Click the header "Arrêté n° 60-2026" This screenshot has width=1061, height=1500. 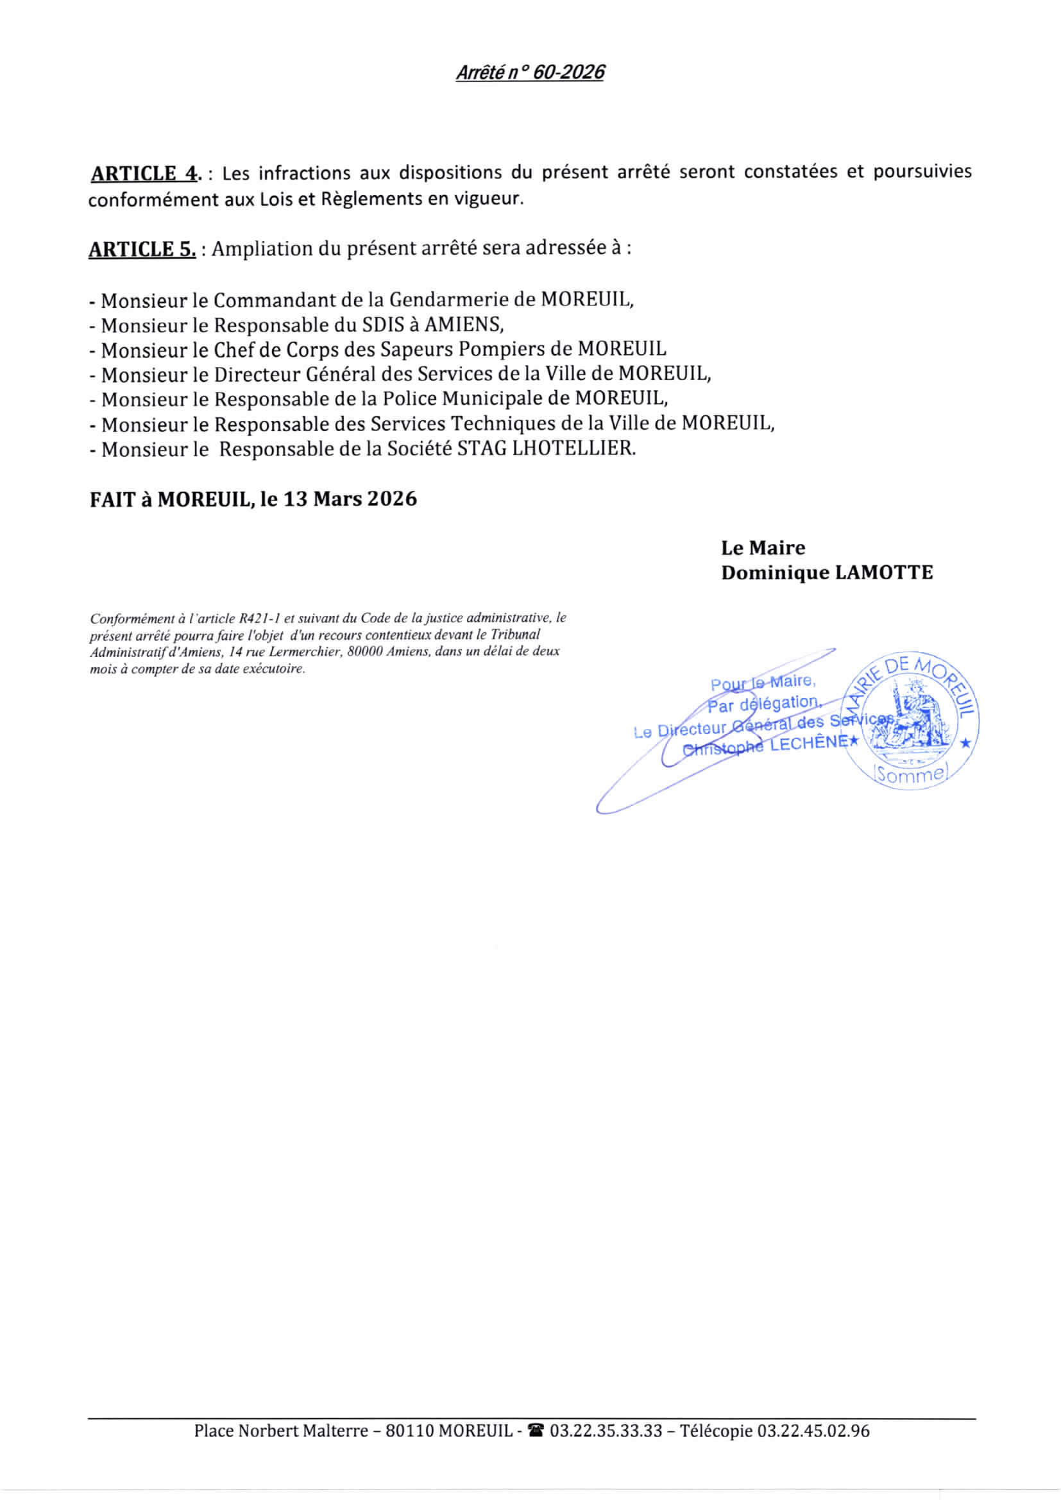point(529,72)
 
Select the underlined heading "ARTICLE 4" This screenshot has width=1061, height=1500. point(144,174)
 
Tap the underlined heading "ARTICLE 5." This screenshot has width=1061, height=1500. point(142,250)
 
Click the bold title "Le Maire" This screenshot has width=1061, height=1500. point(763,547)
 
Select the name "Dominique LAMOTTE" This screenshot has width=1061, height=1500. point(826,573)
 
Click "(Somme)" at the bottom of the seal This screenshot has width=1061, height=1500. point(910,775)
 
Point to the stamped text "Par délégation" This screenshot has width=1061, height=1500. point(763,704)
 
